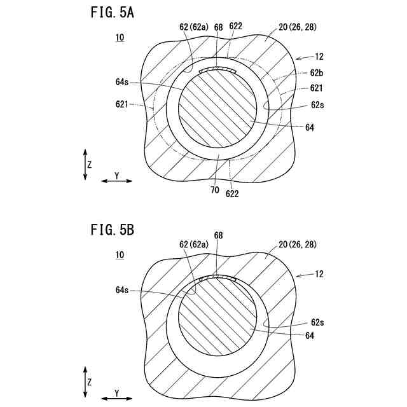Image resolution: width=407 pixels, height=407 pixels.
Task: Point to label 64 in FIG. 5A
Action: pyautogui.click(x=310, y=128)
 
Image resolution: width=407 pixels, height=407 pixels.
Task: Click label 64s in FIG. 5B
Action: pyautogui.click(x=123, y=290)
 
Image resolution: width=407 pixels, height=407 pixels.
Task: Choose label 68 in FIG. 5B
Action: pyautogui.click(x=218, y=235)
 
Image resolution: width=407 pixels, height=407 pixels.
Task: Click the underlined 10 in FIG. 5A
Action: pyautogui.click(x=120, y=38)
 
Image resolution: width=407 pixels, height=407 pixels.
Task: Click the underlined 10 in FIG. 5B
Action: pyautogui.click(x=120, y=255)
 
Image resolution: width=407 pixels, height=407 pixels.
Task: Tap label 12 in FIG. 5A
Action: pyautogui.click(x=319, y=57)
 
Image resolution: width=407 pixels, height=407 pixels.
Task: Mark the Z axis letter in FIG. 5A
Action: pyautogui.click(x=90, y=164)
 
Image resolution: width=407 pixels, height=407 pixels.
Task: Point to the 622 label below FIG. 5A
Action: pyautogui.click(x=232, y=194)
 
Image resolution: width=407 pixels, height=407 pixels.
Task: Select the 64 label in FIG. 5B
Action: pyautogui.click(x=310, y=335)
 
